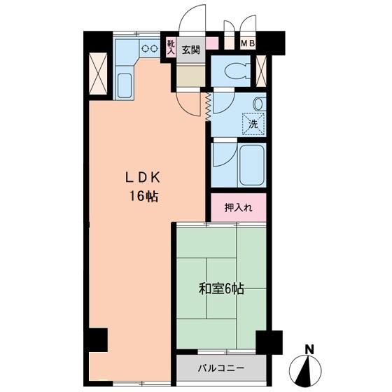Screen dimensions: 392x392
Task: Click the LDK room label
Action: click(x=143, y=178)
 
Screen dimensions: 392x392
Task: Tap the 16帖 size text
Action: click(x=143, y=196)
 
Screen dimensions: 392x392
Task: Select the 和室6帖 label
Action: click(x=221, y=289)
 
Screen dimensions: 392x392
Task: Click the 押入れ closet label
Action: click(x=238, y=208)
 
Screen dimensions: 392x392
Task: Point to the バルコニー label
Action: click(x=221, y=368)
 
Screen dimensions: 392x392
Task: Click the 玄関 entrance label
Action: click(x=191, y=50)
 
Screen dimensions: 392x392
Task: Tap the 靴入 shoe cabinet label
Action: click(x=171, y=47)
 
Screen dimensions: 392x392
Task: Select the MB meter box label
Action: click(x=248, y=43)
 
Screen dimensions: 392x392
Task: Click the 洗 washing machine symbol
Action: click(x=253, y=124)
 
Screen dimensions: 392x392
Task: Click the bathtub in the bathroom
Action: click(x=252, y=164)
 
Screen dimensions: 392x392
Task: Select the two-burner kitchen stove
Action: click(x=150, y=48)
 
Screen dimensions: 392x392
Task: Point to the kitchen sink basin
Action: click(x=125, y=85)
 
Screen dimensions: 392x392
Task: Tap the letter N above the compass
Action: click(x=310, y=349)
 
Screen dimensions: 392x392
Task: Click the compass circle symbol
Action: click(x=305, y=370)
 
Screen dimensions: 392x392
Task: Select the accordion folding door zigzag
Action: click(x=208, y=107)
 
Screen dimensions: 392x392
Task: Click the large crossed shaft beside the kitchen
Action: click(x=98, y=73)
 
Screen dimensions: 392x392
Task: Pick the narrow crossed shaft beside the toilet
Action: click(x=261, y=71)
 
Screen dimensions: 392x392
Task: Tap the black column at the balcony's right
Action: click(x=269, y=342)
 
